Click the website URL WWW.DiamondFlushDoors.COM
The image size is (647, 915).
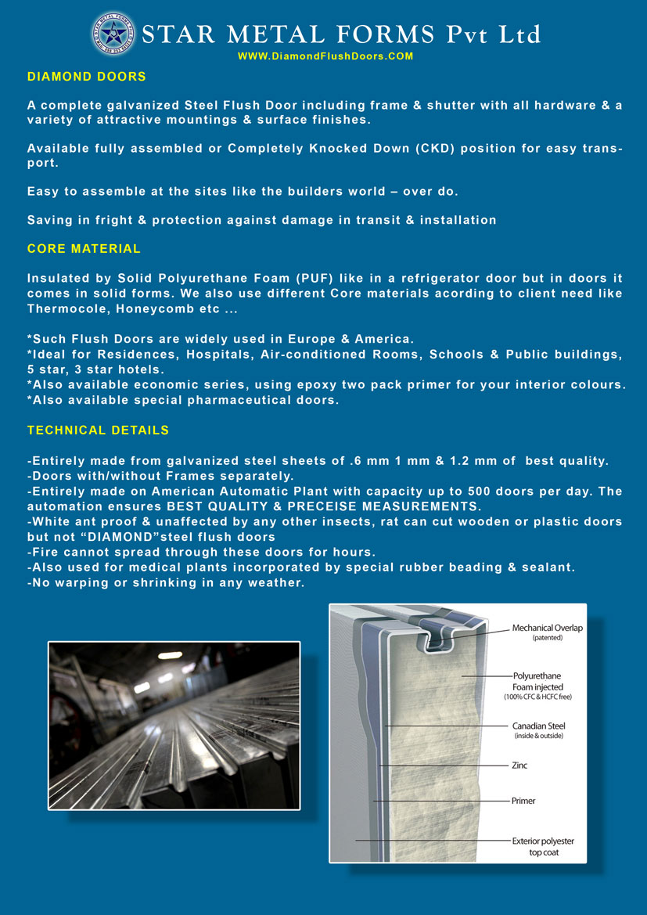point(325,56)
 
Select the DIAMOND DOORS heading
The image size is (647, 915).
point(87,77)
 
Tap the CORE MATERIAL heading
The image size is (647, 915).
point(84,249)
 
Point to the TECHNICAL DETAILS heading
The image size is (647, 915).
point(98,430)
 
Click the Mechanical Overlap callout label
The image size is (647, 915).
point(547,628)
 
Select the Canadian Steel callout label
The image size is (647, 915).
point(538,726)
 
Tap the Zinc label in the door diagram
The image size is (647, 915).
point(519,765)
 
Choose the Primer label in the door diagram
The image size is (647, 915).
point(523,801)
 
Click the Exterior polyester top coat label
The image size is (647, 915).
point(542,846)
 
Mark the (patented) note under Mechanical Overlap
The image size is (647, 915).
point(547,638)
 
